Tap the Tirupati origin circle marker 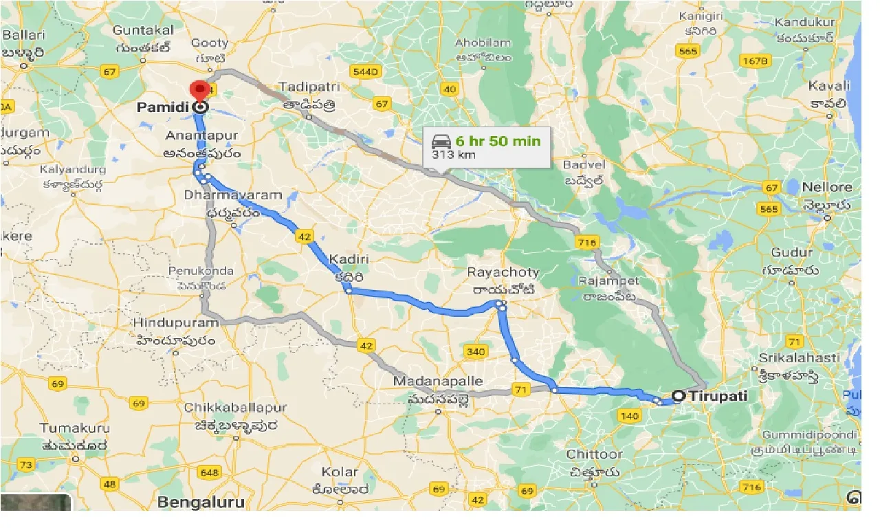[679, 396]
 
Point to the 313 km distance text [453, 155]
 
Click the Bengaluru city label [201, 503]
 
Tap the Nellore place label [827, 187]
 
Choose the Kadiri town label [349, 260]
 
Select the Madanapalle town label [438, 381]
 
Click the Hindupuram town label [177, 322]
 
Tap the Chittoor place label [595, 454]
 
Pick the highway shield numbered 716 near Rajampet [587, 242]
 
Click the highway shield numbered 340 [475, 352]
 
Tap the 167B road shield [754, 61]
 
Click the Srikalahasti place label [799, 357]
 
